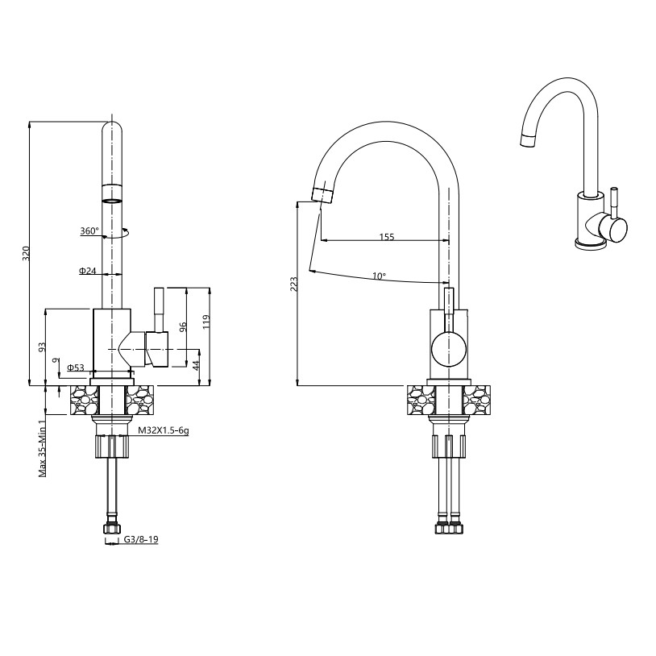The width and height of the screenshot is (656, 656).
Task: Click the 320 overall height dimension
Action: click(x=27, y=253)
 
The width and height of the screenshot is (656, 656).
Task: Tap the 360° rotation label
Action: click(x=89, y=231)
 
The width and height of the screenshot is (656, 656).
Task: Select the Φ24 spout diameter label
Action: click(x=87, y=271)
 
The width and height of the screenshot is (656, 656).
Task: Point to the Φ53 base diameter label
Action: click(x=76, y=367)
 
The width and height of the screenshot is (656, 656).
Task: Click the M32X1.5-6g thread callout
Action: click(x=164, y=430)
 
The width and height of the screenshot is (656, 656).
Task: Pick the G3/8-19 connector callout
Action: click(x=141, y=540)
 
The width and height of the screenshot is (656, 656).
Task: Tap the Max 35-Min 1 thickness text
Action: click(x=42, y=449)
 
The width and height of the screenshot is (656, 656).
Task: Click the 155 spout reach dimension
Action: click(x=387, y=237)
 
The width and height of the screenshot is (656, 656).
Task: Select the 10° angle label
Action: click(x=379, y=276)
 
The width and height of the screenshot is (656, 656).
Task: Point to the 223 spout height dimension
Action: click(x=294, y=284)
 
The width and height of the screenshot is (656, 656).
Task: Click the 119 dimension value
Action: click(x=206, y=322)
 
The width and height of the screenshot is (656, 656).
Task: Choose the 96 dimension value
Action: click(x=182, y=326)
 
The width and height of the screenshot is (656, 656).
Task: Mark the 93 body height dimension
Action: click(x=42, y=348)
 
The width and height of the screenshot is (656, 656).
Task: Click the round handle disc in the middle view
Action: click(x=449, y=348)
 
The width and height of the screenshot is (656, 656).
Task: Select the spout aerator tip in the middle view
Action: click(x=323, y=195)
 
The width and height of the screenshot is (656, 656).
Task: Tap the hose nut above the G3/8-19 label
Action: click(x=110, y=529)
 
